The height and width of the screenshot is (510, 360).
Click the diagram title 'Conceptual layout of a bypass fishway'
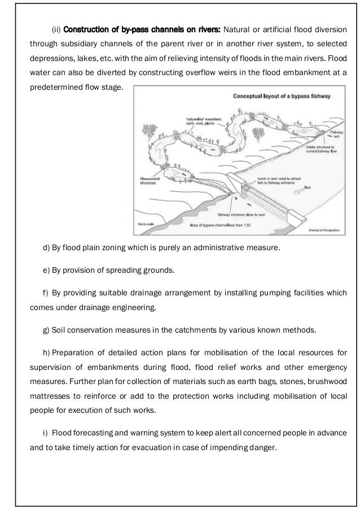(x=282, y=97)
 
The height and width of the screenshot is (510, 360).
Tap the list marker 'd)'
(x=46, y=248)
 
